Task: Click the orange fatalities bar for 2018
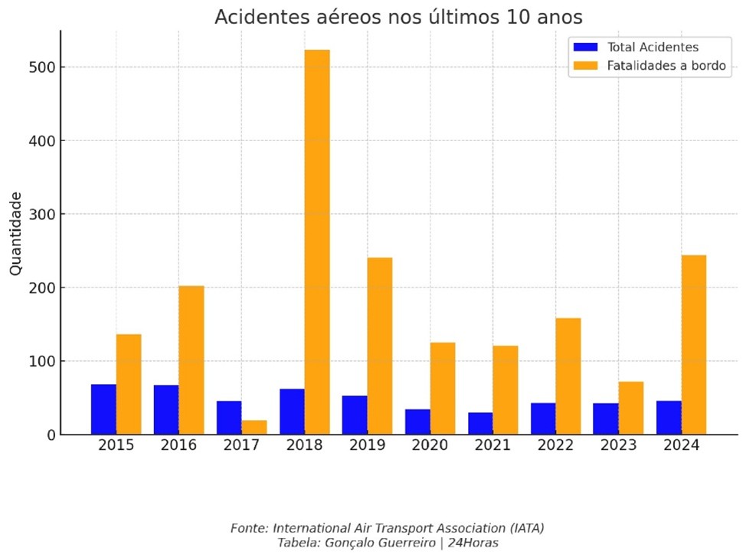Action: coord(317,242)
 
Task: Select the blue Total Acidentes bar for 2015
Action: coord(103,409)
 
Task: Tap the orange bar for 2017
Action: coord(254,427)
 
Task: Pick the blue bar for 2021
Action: coord(480,423)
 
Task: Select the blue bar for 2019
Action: coord(355,415)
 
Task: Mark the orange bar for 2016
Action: coord(191,360)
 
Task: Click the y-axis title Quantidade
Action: coord(16,234)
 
